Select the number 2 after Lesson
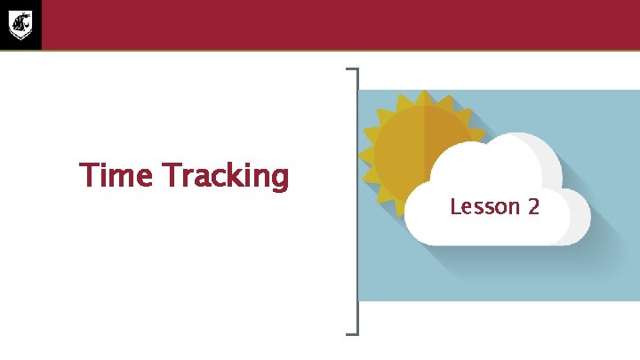pyautogui.click(x=533, y=207)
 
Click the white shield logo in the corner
pyautogui.click(x=20, y=24)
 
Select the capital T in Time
pyautogui.click(x=87, y=175)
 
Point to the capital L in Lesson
pyautogui.click(x=455, y=207)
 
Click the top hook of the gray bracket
pyautogui.click(x=351, y=68)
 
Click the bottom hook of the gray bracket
pyautogui.click(x=351, y=333)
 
